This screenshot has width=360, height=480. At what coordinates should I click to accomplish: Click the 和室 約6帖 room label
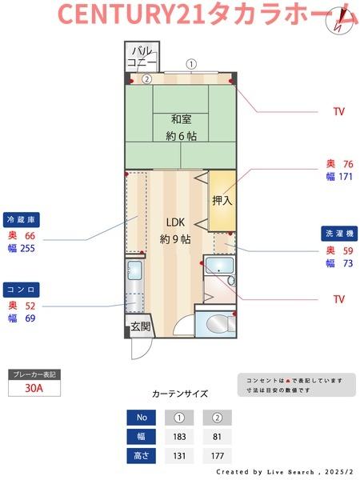pyautogui.click(x=182, y=128)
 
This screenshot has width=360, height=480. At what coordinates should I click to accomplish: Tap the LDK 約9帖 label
pyautogui.click(x=175, y=230)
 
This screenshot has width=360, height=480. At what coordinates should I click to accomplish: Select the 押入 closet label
pyautogui.click(x=222, y=200)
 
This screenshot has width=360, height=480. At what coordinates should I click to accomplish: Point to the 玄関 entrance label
pyautogui.click(x=141, y=326)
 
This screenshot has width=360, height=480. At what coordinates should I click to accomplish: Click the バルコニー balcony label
pyautogui.click(x=142, y=58)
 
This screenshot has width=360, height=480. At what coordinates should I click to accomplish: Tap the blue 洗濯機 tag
pyautogui.click(x=339, y=234)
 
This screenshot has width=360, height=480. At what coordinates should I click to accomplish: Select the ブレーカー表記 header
pyautogui.click(x=34, y=374)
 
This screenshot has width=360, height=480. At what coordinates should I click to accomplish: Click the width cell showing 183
pyautogui.click(x=179, y=436)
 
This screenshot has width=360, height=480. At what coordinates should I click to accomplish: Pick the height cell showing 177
pyautogui.click(x=217, y=456)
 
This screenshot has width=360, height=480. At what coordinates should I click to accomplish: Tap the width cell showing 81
pyautogui.click(x=217, y=436)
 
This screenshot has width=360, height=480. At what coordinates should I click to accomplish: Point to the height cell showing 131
pyautogui.click(x=179, y=456)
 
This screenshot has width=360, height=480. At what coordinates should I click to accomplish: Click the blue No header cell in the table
pyautogui.click(x=142, y=417)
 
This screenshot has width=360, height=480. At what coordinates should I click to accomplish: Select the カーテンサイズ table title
pyautogui.click(x=180, y=394)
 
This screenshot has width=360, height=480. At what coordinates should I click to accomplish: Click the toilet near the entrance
pyautogui.click(x=217, y=323)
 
